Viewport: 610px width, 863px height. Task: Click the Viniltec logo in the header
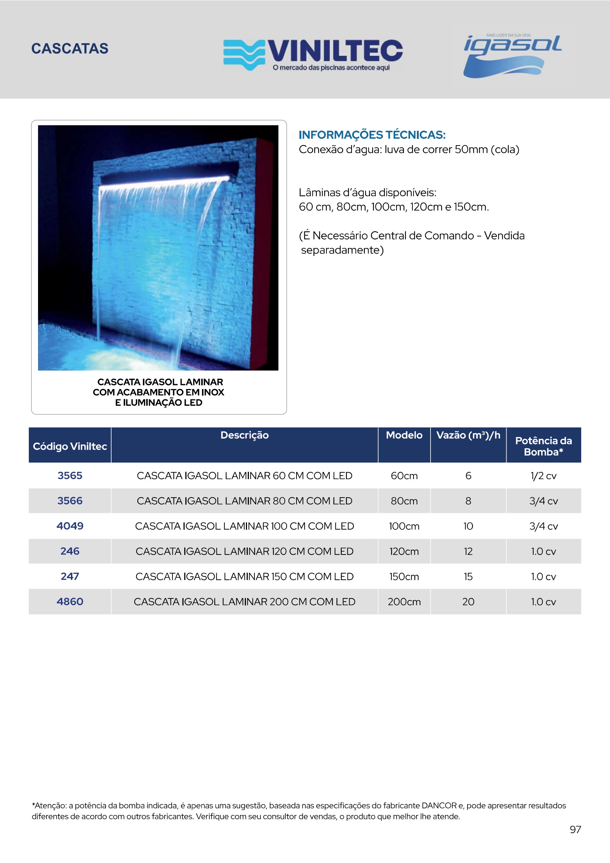313,54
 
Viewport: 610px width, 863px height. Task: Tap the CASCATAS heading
70,48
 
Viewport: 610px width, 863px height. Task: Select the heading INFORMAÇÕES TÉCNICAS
372,134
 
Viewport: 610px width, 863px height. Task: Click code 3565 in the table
70,475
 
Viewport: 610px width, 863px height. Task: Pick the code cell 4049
70,526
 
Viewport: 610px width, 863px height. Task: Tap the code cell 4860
70,601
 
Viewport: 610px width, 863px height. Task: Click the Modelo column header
404,435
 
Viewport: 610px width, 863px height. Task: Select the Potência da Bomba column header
543,446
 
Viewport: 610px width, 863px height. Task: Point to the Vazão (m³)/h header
468,435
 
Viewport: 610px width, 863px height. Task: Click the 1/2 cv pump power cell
543,476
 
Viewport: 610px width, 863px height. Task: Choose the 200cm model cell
404,602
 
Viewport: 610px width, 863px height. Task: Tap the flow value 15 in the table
468,577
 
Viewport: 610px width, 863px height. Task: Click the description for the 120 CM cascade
244,552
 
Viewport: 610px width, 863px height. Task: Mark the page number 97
575,829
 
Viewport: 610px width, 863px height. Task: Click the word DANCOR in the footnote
439,805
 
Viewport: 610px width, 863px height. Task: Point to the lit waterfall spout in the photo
165,181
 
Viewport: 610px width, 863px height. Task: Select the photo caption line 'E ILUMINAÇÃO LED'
158,403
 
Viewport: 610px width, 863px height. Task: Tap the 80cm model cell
404,501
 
